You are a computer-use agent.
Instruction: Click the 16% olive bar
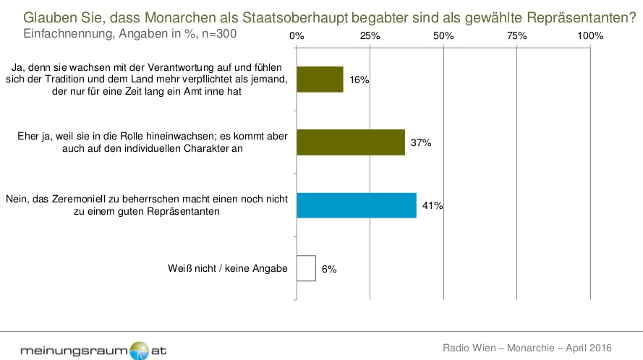tap(320, 79)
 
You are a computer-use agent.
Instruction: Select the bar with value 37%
tap(351, 142)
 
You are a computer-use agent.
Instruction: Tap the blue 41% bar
tap(357, 205)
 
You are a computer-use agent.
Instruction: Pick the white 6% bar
tap(306, 268)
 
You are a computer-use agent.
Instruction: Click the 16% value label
tap(359, 80)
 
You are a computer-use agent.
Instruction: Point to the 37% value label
tap(421, 143)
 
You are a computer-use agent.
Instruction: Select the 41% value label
tap(433, 206)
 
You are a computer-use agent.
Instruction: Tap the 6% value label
tap(329, 269)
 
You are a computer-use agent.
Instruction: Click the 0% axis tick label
tap(297, 35)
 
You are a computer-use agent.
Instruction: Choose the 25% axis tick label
tap(370, 35)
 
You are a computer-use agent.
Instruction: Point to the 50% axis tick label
tap(443, 35)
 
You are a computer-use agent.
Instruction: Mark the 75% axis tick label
tap(517, 35)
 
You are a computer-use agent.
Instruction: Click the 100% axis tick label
tap(590, 35)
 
